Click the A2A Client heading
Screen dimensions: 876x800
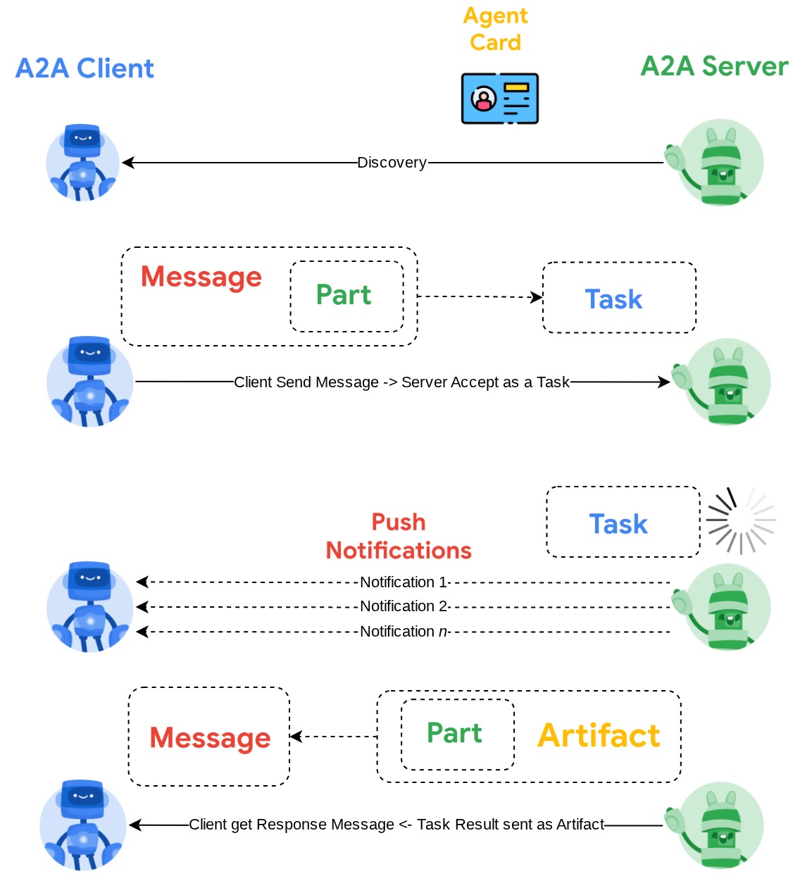point(85,68)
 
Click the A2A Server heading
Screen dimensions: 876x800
point(714,66)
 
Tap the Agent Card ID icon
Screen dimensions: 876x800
point(500,99)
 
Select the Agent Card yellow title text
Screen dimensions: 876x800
point(496,29)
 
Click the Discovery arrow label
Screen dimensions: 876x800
point(392,163)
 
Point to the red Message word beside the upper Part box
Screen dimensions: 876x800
point(201,277)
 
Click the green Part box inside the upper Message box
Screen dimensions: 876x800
point(346,296)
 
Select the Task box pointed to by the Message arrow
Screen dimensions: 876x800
point(619,299)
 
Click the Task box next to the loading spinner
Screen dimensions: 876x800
point(623,523)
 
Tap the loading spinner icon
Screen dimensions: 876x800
point(741,521)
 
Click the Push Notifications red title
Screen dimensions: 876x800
point(399,537)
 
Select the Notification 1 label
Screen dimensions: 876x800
point(404,582)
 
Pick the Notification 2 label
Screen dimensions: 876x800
point(404,606)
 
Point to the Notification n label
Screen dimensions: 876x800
point(404,632)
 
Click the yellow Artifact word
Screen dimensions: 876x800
point(599,736)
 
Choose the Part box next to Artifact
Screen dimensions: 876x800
point(458,734)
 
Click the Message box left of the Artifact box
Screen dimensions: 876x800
point(209,737)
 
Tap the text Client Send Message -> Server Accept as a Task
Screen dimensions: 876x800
point(401,382)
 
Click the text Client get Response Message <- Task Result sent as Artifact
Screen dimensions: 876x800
point(396,825)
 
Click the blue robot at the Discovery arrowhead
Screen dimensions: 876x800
point(82,163)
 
